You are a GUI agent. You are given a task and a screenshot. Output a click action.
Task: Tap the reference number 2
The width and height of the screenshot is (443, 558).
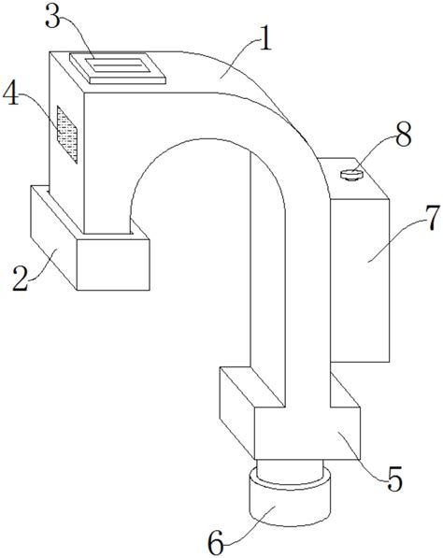(21, 279)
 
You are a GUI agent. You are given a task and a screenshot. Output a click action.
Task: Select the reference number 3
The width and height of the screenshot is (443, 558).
(52, 17)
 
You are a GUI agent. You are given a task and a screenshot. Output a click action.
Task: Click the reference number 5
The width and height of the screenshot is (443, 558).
(393, 479)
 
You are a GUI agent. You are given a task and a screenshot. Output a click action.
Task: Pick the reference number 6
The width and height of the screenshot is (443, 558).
(215, 542)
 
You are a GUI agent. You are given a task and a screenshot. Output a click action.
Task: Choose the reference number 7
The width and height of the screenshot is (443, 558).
(433, 220)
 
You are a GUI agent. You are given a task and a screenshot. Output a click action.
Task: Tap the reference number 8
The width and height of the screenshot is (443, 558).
(404, 135)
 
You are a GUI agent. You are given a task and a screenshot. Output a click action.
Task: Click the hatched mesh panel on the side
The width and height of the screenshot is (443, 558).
(67, 135)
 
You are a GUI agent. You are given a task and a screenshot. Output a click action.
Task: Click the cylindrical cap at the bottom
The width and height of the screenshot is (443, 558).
(290, 497)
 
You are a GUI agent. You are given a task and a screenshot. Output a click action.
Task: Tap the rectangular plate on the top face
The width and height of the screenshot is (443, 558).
(118, 68)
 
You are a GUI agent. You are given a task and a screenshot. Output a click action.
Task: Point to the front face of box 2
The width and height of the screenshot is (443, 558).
(113, 265)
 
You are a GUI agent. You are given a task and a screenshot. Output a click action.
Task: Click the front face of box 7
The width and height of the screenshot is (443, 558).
(360, 280)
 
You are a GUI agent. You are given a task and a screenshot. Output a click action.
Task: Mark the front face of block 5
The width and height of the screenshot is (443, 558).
(307, 433)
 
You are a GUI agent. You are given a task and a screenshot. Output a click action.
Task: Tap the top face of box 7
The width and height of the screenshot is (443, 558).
(353, 178)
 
